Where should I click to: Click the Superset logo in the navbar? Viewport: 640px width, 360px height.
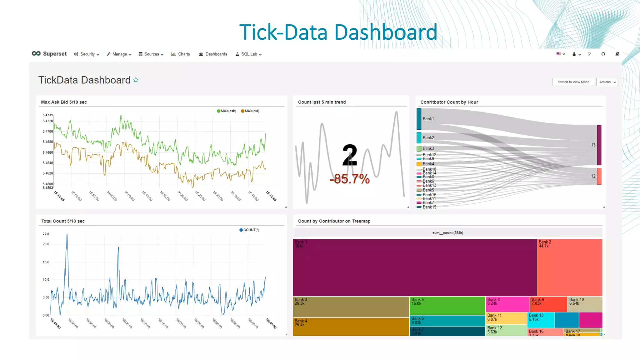(x=49, y=54)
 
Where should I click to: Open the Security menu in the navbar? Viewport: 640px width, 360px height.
(x=87, y=54)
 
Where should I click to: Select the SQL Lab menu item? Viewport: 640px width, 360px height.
(x=249, y=54)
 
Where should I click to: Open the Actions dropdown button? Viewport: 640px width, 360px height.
(x=607, y=82)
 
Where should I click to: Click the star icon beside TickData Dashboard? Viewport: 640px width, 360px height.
(x=136, y=80)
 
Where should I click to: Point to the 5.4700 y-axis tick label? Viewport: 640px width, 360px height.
(x=48, y=132)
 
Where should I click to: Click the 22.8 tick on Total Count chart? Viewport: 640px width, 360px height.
(x=46, y=234)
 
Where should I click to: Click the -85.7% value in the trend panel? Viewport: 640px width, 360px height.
(x=350, y=179)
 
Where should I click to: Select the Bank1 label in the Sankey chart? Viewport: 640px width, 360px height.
(x=428, y=119)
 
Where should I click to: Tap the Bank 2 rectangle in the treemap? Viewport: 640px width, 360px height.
(x=569, y=267)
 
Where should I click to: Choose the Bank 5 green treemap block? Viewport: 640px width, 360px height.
(x=447, y=306)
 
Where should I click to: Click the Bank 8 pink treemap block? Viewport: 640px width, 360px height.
(x=507, y=304)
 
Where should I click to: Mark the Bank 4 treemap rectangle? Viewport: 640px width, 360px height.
(x=351, y=327)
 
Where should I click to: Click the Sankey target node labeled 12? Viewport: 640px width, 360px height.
(x=599, y=176)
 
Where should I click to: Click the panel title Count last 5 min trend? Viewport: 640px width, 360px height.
(x=322, y=102)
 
